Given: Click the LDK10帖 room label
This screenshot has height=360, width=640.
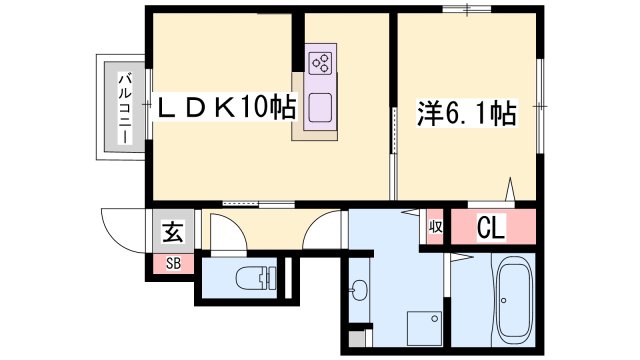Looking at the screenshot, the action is point(227,108).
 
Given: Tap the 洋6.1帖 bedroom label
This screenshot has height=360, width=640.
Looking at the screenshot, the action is point(467,113).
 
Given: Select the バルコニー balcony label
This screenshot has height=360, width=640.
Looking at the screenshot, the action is point(125,108).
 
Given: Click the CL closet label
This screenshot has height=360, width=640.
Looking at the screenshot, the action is point(491,227).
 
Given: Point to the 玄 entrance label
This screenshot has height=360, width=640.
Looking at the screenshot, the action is point(173,231).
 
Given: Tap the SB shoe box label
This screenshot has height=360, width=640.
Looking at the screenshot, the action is point(173,264).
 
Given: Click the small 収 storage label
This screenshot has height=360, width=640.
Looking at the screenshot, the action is point(435,227).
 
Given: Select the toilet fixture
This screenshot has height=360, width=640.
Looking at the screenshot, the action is point(256,278).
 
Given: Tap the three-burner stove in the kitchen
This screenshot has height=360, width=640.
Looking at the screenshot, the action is point(321,63).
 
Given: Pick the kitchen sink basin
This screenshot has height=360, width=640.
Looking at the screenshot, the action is point(320,108).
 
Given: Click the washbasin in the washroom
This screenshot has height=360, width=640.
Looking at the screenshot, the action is point(359,290).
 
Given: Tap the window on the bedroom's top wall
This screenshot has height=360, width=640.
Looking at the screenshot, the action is point(467,9).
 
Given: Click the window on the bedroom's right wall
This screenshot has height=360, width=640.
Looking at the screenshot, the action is point(540,106).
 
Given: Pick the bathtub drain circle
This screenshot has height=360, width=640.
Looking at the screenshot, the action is point(504,301).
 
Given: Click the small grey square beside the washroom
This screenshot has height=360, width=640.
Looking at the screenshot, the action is point(357,338).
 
